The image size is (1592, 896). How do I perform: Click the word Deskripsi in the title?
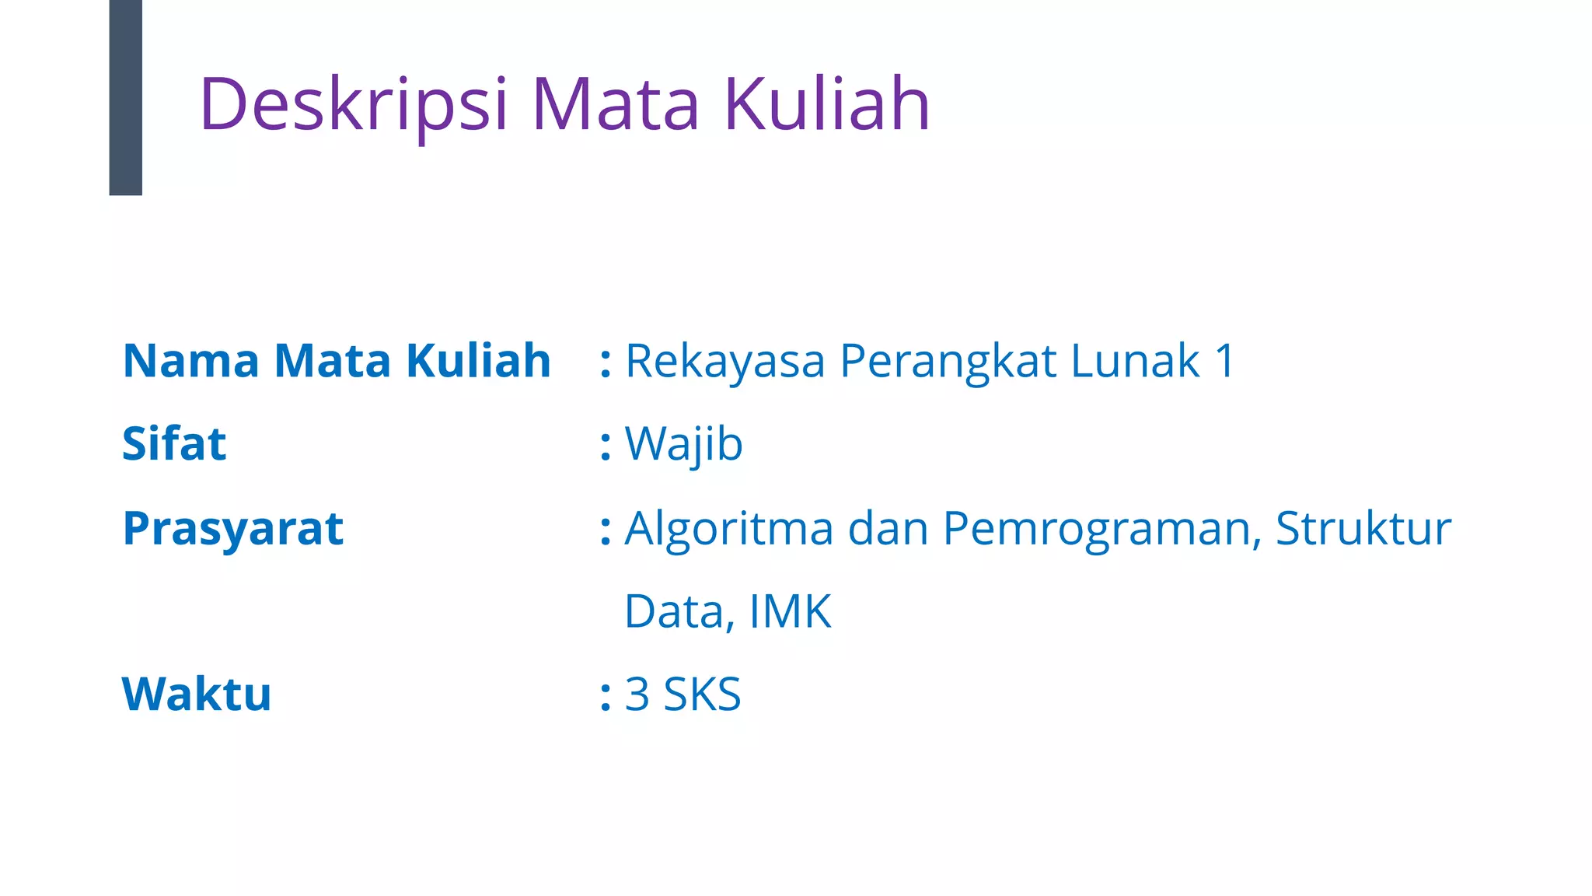tap(354, 104)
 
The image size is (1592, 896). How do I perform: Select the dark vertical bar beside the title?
tap(126, 97)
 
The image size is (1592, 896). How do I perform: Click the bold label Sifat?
tap(174, 444)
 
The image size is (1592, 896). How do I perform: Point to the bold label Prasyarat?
tap(233, 529)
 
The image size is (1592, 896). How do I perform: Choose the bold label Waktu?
tap(197, 694)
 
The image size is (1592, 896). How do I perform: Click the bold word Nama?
tap(191, 361)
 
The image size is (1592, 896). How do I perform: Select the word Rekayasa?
tap(724, 362)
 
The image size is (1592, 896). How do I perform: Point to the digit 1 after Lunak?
tap(1225, 362)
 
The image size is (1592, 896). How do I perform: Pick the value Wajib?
tap(684, 444)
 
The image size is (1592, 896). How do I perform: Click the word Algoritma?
tap(729, 529)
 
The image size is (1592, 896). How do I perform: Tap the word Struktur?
tap(1363, 529)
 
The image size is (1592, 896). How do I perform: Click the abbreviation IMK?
tap(790, 611)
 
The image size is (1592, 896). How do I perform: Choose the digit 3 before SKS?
tap(637, 694)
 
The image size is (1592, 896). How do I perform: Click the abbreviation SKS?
tap(702, 694)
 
